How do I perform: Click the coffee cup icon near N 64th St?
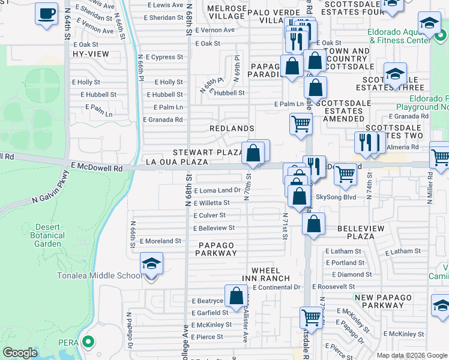46,13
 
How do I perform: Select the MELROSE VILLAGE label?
227,13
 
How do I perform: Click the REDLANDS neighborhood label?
232,128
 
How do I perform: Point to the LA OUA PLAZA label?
177,162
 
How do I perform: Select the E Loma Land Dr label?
217,190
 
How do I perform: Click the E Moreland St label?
160,241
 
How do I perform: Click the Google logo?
20,353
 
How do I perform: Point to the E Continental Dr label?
276,287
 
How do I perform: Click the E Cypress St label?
163,57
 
